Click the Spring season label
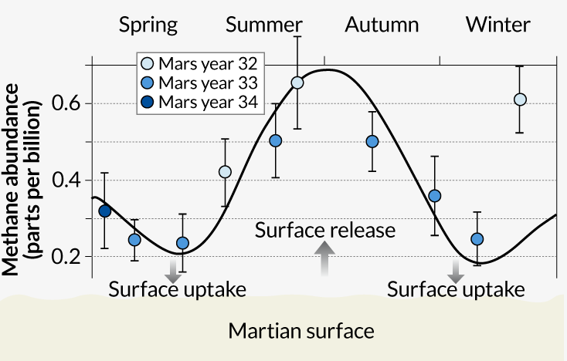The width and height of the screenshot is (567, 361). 148,25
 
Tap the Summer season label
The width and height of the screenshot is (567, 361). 264,25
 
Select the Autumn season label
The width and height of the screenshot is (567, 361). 382,25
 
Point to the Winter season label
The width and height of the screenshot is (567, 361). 498,25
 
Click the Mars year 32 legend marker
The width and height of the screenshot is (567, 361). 147,63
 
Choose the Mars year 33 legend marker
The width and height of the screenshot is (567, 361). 147,83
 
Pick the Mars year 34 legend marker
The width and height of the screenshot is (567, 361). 147,102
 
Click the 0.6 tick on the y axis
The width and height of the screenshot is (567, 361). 66,103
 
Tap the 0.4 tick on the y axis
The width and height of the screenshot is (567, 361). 66,180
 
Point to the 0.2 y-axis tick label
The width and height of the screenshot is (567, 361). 66,256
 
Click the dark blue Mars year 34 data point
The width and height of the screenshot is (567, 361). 105,211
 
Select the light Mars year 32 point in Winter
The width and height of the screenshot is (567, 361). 520,100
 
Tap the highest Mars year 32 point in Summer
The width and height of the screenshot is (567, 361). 297,83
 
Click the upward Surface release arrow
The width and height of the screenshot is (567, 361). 324,258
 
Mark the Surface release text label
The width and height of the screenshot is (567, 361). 325,230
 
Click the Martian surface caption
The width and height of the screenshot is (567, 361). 301,331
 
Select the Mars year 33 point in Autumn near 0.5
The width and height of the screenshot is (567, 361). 372,141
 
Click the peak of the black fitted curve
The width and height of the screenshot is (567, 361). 327,69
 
